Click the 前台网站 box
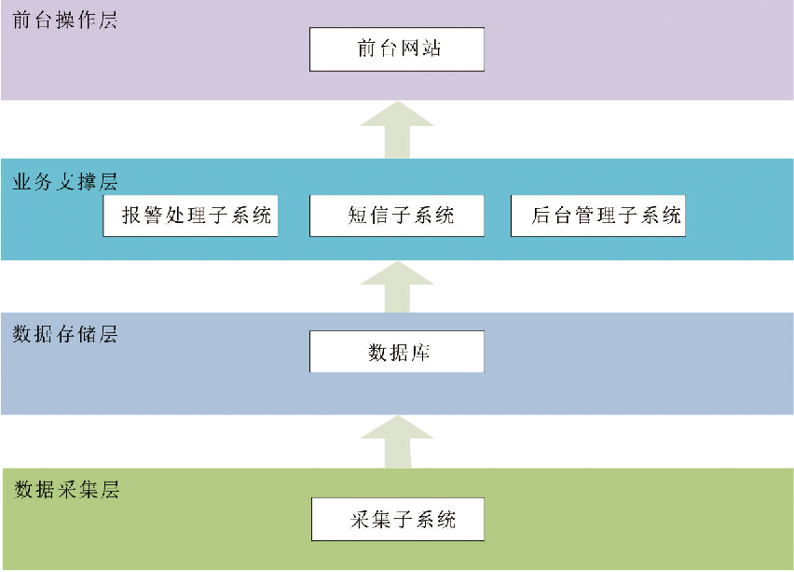pyautogui.click(x=397, y=49)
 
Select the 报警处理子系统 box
pyautogui.click(x=190, y=216)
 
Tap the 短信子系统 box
pyautogui.click(x=397, y=216)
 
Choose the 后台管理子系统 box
pyautogui.click(x=598, y=216)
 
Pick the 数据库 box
pyautogui.click(x=397, y=352)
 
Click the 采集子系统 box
pyautogui.click(x=397, y=519)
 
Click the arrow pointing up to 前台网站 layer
pyautogui.click(x=397, y=128)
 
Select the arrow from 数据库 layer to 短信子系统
pyautogui.click(x=397, y=286)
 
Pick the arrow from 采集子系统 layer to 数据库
pyautogui.click(x=397, y=441)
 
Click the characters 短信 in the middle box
pyautogui.click(x=367, y=216)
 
